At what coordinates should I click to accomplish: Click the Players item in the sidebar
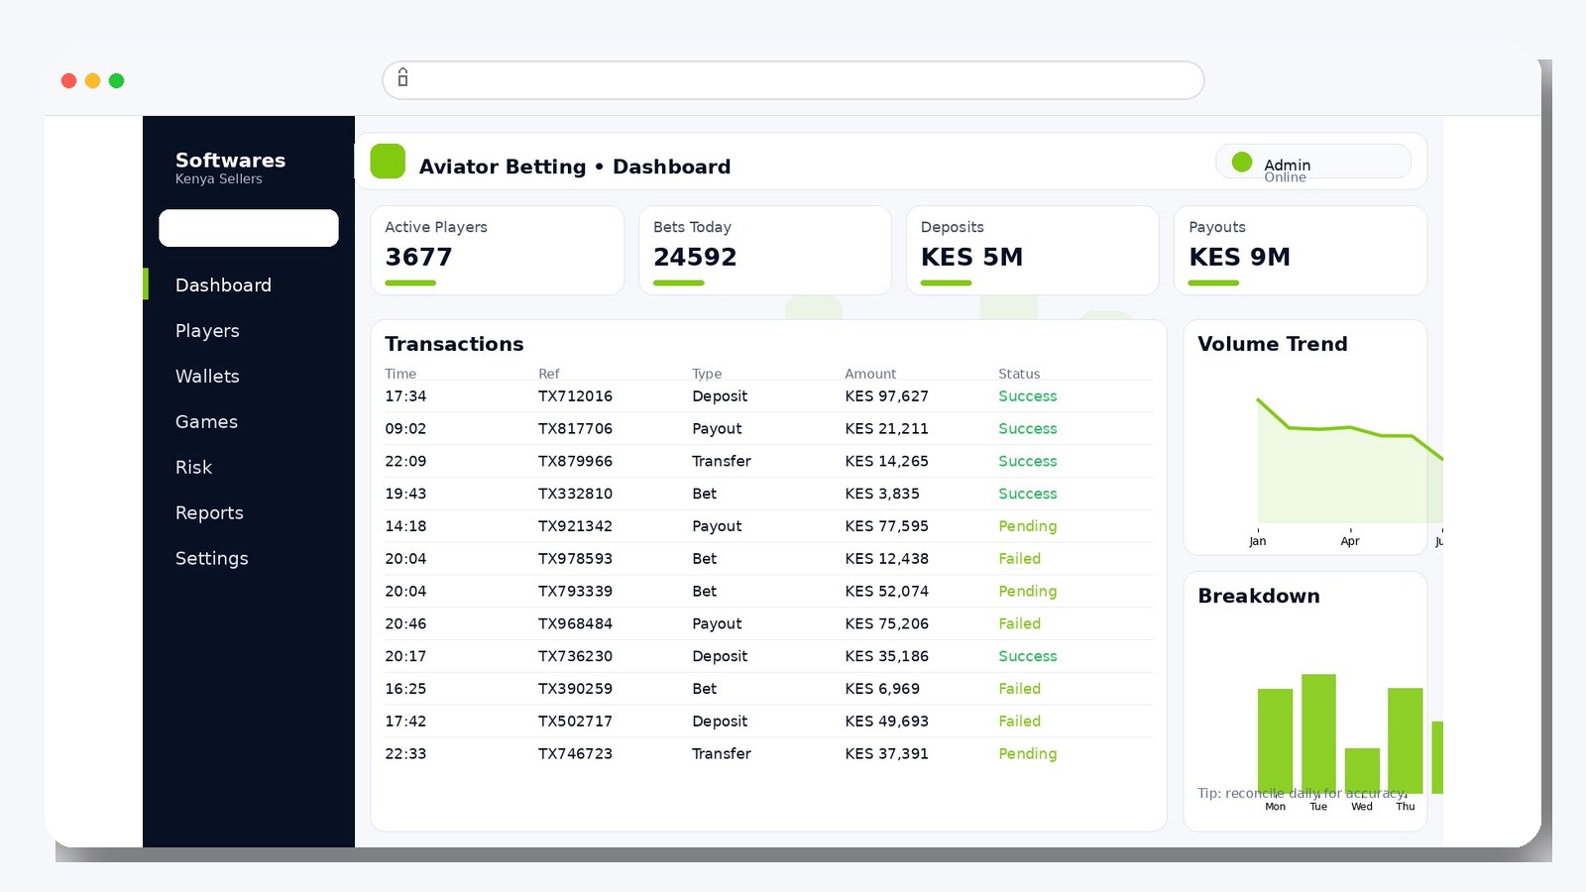[207, 331]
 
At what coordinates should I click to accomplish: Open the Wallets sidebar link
[207, 377]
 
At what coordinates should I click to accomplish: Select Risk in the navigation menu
[193, 468]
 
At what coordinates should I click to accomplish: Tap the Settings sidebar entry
[211, 559]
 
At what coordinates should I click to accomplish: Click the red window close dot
[68, 81]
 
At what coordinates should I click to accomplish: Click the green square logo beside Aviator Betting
[388, 162]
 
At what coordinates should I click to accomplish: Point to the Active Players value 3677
[418, 258]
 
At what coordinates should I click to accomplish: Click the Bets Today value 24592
[695, 258]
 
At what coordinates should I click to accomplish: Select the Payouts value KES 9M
[1239, 258]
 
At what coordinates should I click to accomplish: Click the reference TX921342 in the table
[575, 526]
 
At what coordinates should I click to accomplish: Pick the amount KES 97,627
[886, 396]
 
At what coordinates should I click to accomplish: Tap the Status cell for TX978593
[1019, 559]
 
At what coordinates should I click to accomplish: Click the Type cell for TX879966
[721, 462]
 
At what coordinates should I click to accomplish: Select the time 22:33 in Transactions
[405, 754]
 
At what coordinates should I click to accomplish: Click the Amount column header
[869, 374]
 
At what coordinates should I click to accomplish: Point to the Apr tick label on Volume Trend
[1349, 541]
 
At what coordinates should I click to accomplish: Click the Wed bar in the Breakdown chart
[1362, 770]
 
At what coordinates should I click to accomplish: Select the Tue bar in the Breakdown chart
[1318, 733]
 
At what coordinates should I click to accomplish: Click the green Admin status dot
[1241, 162]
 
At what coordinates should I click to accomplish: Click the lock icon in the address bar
[402, 78]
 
